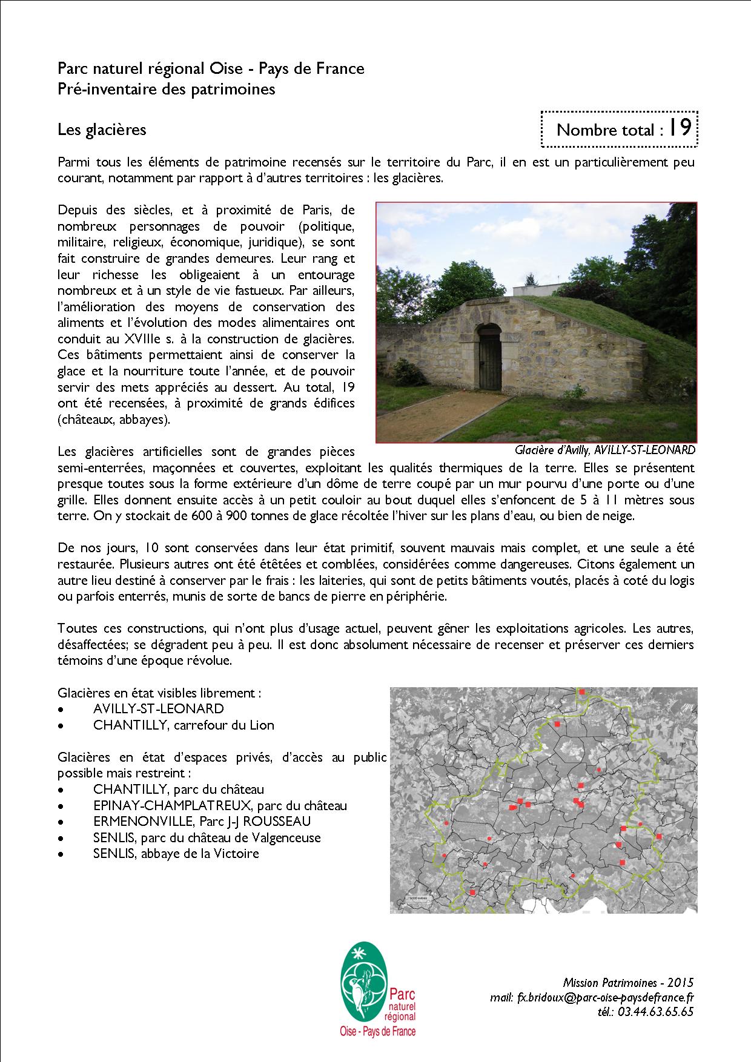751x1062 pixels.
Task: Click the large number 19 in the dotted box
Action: pyautogui.click(x=681, y=128)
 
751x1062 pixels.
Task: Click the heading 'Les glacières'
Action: pyautogui.click(x=102, y=129)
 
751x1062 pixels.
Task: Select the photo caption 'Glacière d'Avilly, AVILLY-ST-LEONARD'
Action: pyautogui.click(x=604, y=450)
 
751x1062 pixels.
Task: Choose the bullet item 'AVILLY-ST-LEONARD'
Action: pyautogui.click(x=158, y=708)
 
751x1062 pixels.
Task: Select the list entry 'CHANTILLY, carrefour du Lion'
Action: pyautogui.click(x=184, y=725)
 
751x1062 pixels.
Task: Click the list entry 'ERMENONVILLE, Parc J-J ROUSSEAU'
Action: pyautogui.click(x=202, y=822)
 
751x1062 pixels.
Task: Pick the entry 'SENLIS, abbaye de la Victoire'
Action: pyautogui.click(x=176, y=854)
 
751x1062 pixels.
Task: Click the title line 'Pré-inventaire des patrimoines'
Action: pyautogui.click(x=167, y=89)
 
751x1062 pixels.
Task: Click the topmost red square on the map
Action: pyautogui.click(x=582, y=691)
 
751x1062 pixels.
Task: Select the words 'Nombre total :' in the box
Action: pyautogui.click(x=606, y=130)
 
